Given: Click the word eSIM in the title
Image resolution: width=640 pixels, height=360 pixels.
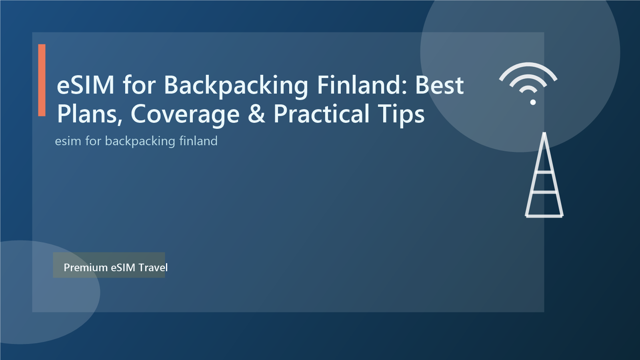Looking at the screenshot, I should (86, 85).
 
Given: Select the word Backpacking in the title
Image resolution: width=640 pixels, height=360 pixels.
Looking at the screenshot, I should (236, 86).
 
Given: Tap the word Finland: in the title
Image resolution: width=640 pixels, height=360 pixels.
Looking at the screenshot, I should (362, 85).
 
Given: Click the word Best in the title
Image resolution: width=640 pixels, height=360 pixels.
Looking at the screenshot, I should (439, 85).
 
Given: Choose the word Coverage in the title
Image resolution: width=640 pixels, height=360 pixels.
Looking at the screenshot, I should (185, 114).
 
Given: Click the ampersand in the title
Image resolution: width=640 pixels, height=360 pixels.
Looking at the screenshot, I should (256, 114).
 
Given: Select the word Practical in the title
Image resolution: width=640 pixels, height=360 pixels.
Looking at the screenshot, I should (321, 114).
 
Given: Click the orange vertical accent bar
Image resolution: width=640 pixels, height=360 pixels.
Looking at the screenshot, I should (42, 80).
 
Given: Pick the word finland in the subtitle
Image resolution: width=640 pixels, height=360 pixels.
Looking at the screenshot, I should (198, 141).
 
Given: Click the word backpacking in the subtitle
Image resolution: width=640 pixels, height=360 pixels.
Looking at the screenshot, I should (140, 141).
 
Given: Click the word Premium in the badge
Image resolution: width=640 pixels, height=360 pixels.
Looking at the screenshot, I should (86, 267).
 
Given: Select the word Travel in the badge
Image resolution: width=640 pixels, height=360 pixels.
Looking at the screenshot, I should (153, 267).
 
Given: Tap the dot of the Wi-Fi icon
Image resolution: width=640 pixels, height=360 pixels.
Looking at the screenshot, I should (533, 102).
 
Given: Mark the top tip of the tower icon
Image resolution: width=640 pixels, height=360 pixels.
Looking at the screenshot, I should (544, 134).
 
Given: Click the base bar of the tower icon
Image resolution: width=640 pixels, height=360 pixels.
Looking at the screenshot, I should (544, 216).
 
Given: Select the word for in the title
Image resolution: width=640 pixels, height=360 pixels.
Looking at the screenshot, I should (139, 85).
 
